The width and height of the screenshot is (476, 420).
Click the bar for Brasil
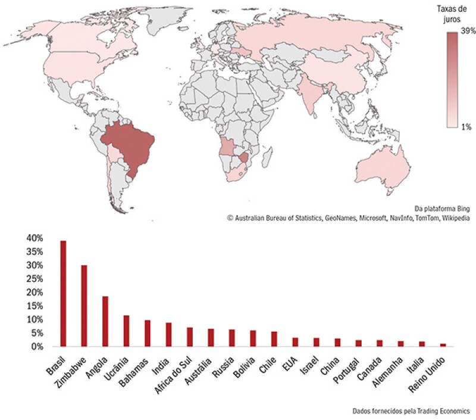click(63, 293)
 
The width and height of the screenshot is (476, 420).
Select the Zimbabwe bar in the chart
click(84, 306)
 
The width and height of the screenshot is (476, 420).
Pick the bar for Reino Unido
click(443, 344)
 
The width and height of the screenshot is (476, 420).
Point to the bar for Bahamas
click(147, 333)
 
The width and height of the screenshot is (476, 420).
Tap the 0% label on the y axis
click(36, 346)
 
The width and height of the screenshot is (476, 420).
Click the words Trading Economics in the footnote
click(441, 410)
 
